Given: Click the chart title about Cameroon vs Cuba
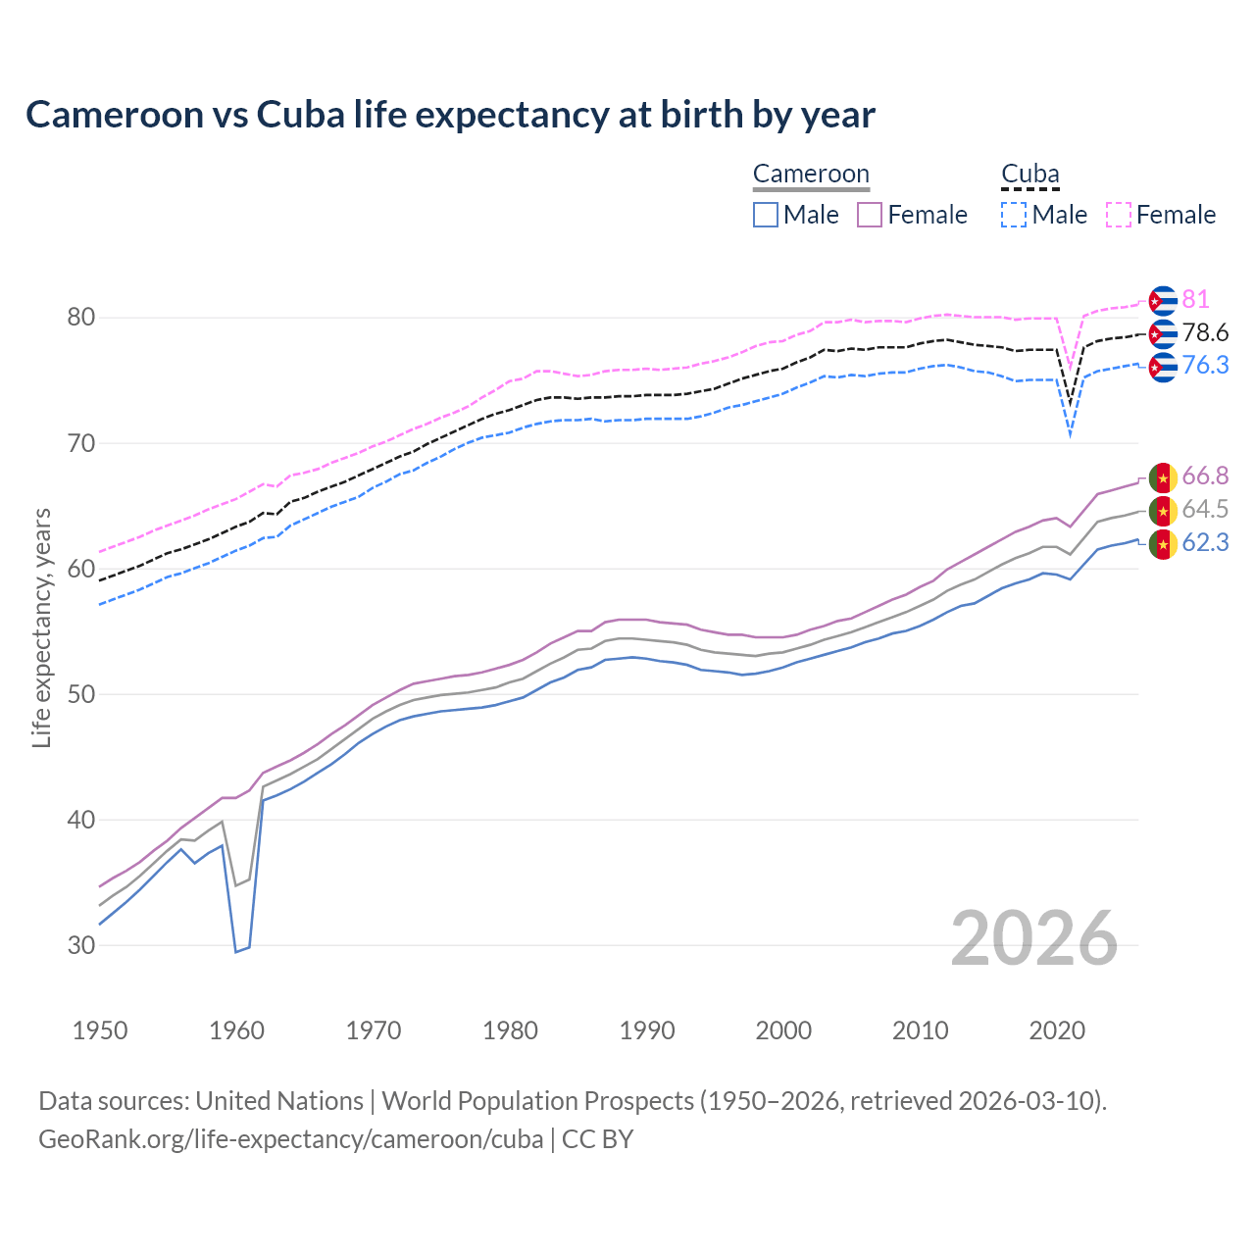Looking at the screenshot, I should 450,115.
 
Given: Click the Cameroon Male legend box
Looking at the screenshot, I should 766,215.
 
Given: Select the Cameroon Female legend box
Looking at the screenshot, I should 870,215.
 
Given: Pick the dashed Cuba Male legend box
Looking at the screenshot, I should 1014,215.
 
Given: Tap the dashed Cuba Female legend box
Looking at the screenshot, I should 1119,215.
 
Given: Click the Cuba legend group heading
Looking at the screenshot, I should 1029,175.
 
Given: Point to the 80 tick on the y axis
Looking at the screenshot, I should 81,318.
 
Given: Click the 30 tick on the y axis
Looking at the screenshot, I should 81,945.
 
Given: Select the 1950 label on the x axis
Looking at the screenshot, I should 100,1030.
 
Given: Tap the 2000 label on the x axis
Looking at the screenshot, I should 783,1030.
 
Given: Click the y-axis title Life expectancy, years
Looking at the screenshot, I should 41,627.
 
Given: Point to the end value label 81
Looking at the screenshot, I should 1195,299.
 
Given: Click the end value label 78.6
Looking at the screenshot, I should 1205,332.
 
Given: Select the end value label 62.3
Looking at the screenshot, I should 1205,542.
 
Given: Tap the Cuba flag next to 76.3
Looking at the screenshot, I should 1163,367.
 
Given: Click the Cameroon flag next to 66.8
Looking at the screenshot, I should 1163,477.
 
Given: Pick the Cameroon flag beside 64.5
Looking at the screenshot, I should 1163,511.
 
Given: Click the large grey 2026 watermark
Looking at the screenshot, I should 1033,938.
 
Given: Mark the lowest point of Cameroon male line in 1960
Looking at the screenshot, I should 236,951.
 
